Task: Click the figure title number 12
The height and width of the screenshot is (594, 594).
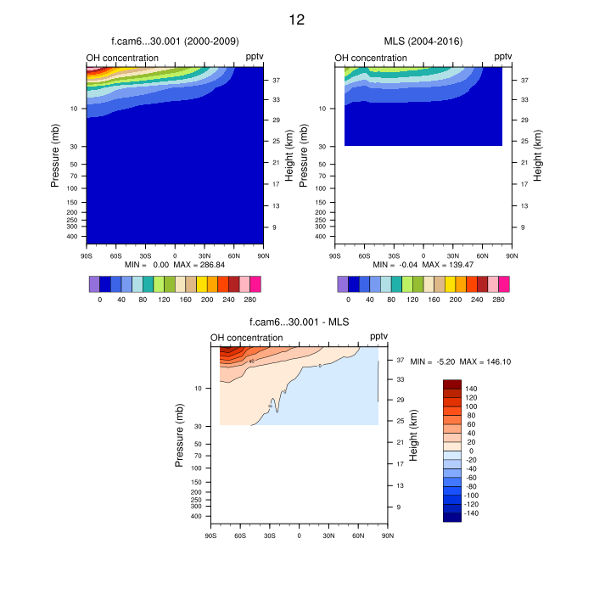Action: (x=296, y=19)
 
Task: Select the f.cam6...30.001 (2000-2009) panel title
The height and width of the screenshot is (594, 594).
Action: (x=175, y=41)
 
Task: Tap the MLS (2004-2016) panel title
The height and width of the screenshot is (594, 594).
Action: (x=423, y=41)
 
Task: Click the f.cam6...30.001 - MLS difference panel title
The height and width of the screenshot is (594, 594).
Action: (x=300, y=322)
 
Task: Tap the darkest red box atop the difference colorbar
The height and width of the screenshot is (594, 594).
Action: (x=452, y=384)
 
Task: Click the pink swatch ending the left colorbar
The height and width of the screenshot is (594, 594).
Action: (x=255, y=283)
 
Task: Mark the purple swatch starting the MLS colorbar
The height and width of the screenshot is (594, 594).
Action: (x=343, y=283)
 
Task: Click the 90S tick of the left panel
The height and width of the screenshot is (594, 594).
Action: (x=86, y=254)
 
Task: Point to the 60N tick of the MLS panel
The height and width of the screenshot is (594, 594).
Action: (x=482, y=254)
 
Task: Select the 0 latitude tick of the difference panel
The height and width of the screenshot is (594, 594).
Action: (x=299, y=534)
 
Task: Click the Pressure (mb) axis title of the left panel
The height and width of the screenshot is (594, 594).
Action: (x=55, y=154)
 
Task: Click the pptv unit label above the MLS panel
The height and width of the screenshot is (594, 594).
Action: (x=503, y=57)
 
